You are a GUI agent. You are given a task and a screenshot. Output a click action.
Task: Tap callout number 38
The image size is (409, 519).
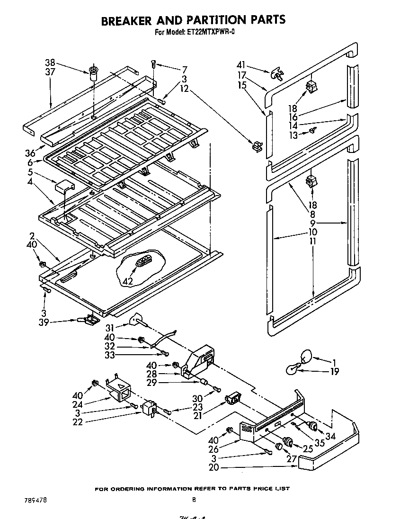(x=50, y=62)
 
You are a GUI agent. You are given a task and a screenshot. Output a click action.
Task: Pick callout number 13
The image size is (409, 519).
(x=293, y=135)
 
